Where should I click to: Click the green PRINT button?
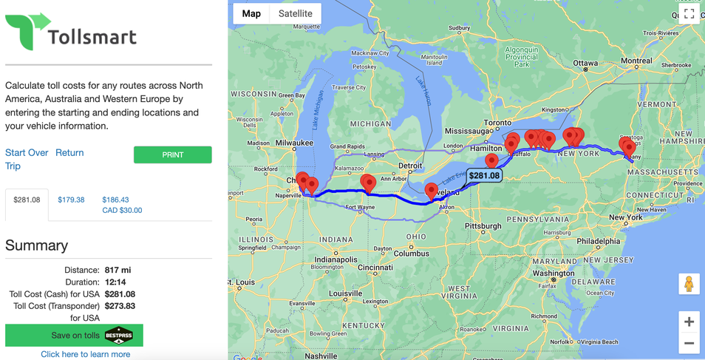point(172,154)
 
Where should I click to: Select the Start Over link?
point(27,153)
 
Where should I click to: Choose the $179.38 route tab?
point(71,200)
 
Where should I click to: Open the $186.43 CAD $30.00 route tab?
point(122,205)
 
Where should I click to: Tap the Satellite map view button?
point(295,13)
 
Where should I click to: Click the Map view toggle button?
point(251,13)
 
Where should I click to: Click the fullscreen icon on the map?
point(689,14)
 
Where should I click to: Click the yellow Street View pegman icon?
point(689,284)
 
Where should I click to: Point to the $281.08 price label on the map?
point(484,175)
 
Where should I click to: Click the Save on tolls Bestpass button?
point(74,335)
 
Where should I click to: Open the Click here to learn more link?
point(86,354)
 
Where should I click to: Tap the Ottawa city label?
point(585,63)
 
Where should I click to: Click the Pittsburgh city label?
point(483,226)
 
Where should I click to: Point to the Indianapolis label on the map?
point(336,259)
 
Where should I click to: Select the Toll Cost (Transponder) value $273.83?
point(120,305)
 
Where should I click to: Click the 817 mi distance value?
point(118,270)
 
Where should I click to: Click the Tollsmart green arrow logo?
point(28,31)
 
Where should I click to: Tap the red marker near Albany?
point(629,148)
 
